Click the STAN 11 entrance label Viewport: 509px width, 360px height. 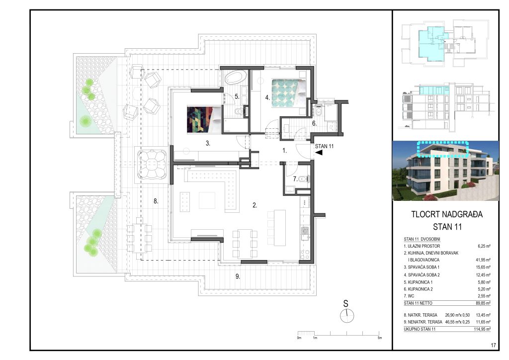325,146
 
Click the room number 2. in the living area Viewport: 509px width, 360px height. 254,204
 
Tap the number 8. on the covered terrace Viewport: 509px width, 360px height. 156,201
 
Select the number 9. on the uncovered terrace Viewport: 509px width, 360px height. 238,276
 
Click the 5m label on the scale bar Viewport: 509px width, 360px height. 380,338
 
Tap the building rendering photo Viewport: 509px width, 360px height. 440,171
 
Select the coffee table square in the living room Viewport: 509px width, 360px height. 207,200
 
